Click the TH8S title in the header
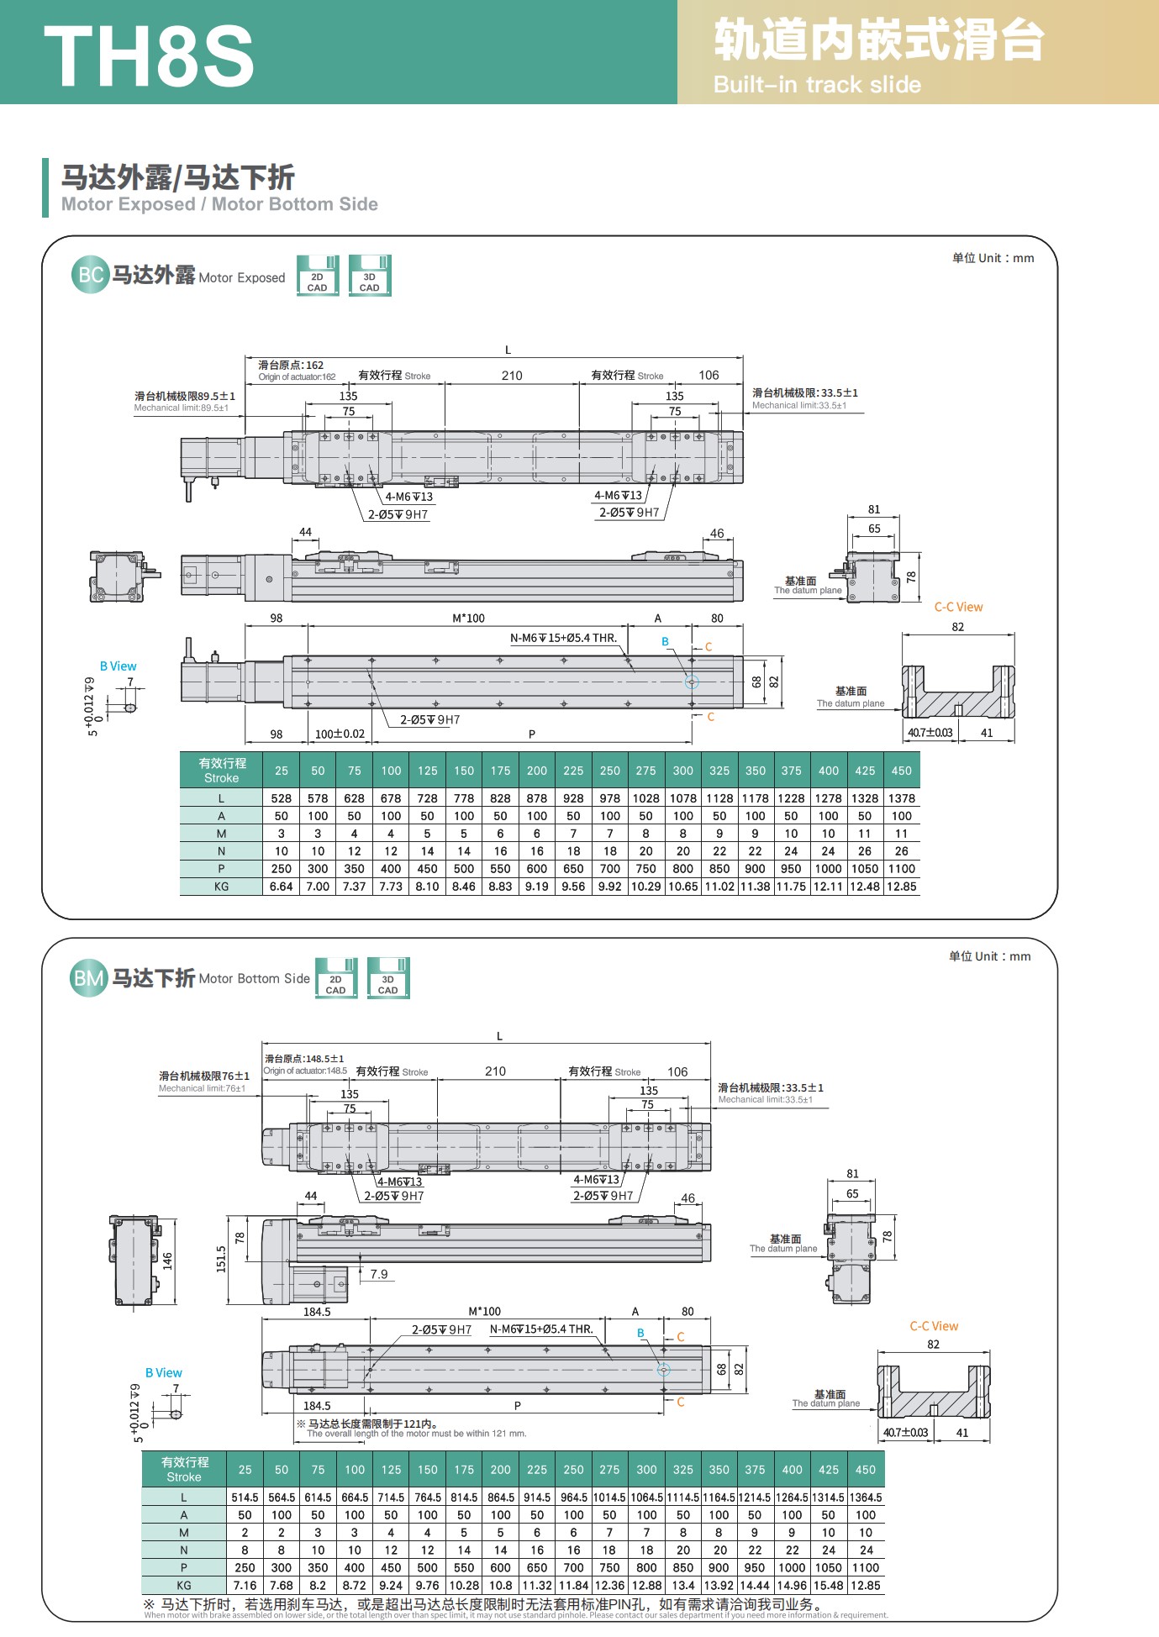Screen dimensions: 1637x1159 coord(149,55)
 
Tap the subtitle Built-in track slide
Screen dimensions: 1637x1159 coord(817,85)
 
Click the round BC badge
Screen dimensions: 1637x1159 coord(90,275)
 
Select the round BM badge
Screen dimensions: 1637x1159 coord(88,978)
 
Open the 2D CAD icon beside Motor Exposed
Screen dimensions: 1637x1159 coord(318,276)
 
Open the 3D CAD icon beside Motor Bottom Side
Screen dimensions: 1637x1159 coord(388,978)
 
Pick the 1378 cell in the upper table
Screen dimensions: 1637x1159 coord(901,798)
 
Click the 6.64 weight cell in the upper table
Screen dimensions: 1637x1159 coord(281,887)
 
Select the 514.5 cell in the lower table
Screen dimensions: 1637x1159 coord(245,1498)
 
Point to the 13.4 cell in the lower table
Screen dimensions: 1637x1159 coord(683,1586)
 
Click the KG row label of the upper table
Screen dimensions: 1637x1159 coord(221,887)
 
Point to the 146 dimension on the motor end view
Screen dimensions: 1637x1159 coord(166,1261)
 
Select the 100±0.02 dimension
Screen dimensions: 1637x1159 coord(340,734)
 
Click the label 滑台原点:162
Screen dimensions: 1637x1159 coord(291,366)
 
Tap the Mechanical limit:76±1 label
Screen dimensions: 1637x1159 coord(202,1088)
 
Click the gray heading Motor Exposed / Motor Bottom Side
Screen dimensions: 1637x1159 coord(219,204)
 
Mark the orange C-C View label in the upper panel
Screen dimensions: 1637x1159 coord(958,607)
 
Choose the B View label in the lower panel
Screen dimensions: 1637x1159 coord(163,1373)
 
